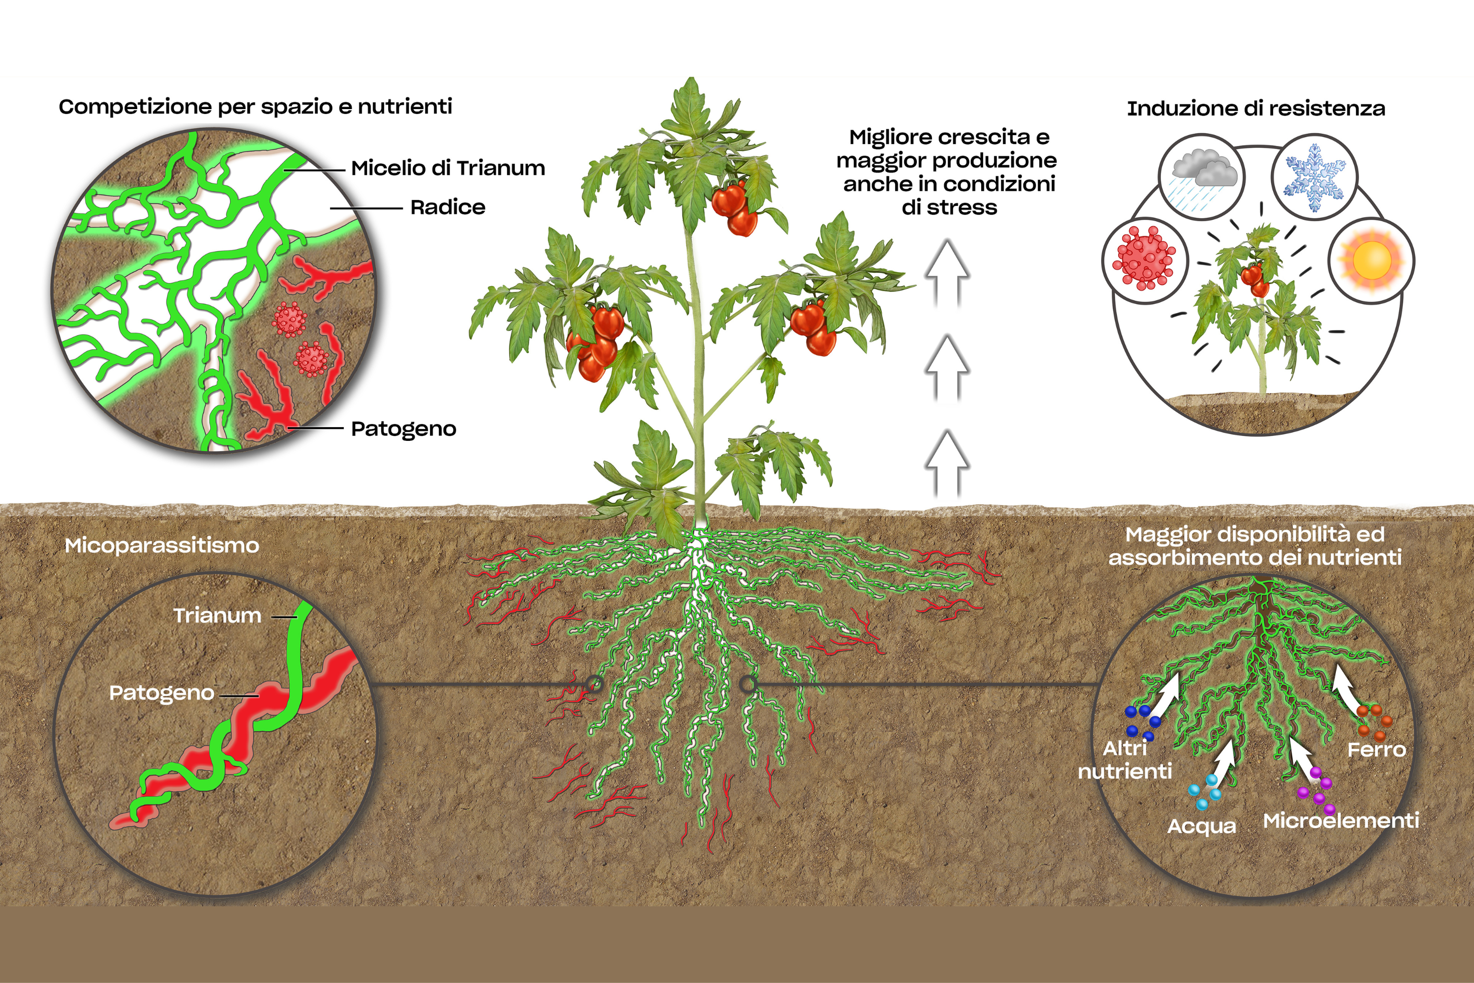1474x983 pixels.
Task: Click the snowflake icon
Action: coord(1314,177)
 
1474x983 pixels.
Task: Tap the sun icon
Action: coord(1371,260)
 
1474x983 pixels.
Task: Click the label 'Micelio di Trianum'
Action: coord(448,168)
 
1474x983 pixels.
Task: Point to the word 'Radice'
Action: coord(448,207)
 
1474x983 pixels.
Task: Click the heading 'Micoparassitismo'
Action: coord(162,546)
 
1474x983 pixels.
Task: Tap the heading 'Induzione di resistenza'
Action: coord(1255,109)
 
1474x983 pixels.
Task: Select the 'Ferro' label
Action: coord(1376,750)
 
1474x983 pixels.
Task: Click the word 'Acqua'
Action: coord(1201,826)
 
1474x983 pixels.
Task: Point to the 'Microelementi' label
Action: coord(1340,821)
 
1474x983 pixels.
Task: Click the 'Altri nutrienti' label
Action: coord(1125,760)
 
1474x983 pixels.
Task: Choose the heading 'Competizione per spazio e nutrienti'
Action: coord(255,107)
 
